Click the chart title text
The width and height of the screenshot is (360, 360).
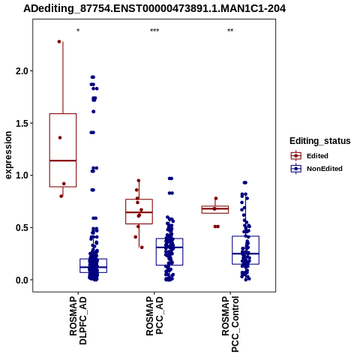154,8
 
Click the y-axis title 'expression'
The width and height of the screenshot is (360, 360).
8,155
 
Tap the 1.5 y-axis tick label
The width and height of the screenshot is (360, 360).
22,123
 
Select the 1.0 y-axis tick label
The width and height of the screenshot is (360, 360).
22,175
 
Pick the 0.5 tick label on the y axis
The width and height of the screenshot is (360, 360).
22,228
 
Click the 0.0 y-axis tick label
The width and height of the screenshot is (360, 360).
22,280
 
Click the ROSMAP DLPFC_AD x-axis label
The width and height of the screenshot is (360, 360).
78,320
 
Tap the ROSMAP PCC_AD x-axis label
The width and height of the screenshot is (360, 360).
154,316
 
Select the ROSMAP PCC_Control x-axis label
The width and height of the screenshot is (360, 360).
230,324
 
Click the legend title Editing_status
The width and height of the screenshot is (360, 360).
320,141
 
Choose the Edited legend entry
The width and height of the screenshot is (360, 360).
317,156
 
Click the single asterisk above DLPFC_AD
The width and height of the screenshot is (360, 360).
78,31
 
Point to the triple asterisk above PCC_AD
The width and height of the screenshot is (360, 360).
154,31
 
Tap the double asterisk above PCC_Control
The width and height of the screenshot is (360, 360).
230,31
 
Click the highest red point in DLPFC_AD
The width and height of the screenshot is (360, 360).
59,41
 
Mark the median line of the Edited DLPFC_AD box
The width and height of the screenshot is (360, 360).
63,160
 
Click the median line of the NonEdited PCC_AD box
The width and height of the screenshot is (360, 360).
169,247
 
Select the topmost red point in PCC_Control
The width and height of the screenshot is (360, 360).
216,199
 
